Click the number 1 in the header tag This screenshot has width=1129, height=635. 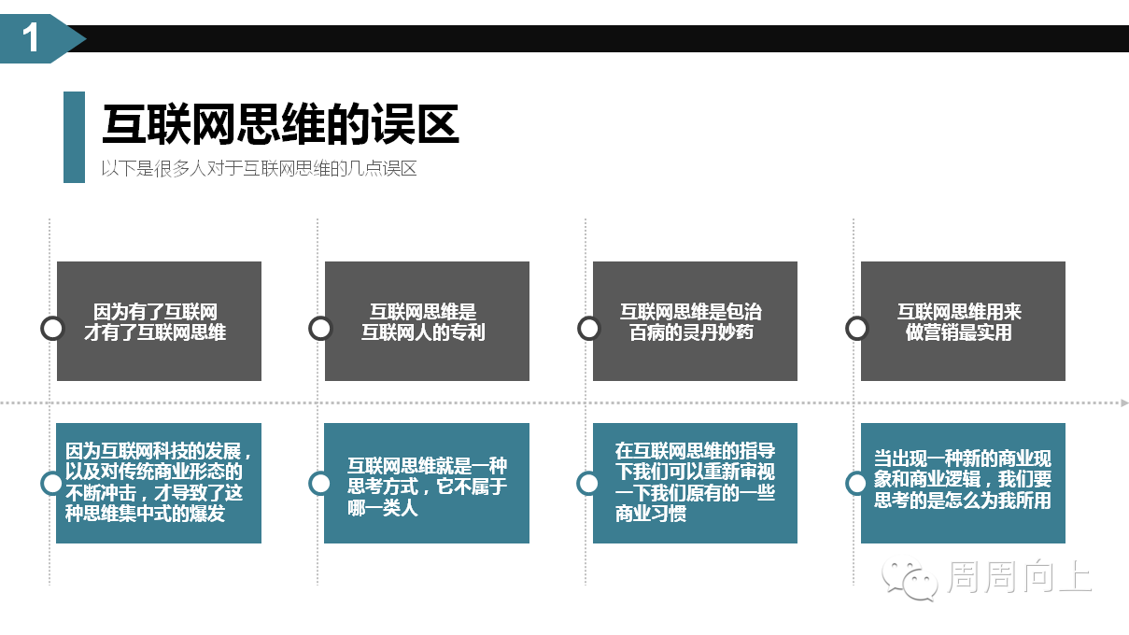click(31, 37)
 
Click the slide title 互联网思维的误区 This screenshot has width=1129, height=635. click(280, 124)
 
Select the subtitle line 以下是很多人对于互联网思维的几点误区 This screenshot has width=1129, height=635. click(259, 168)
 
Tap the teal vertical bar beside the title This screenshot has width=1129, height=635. click(74, 137)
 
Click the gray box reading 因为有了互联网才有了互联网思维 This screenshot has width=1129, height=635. click(159, 321)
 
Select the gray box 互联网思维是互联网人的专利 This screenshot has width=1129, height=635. click(427, 321)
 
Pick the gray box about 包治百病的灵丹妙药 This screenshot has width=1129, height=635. click(695, 321)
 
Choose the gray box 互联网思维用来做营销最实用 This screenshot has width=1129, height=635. click(963, 321)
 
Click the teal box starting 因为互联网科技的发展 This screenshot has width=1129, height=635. click(159, 483)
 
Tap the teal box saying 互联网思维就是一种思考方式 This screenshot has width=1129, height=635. click(427, 483)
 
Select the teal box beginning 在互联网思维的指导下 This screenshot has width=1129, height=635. click(695, 483)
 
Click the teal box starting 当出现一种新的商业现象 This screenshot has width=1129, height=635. click(963, 483)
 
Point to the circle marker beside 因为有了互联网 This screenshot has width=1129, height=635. click(43, 329)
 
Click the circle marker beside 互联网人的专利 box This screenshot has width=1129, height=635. click(311, 329)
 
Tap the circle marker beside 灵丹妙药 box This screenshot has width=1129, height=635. click(580, 329)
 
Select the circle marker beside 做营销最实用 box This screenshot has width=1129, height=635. click(848, 329)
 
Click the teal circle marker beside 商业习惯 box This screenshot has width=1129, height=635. click(579, 484)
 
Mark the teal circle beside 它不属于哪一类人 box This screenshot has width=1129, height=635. click(311, 484)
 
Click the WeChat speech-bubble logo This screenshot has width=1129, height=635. click(910, 580)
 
